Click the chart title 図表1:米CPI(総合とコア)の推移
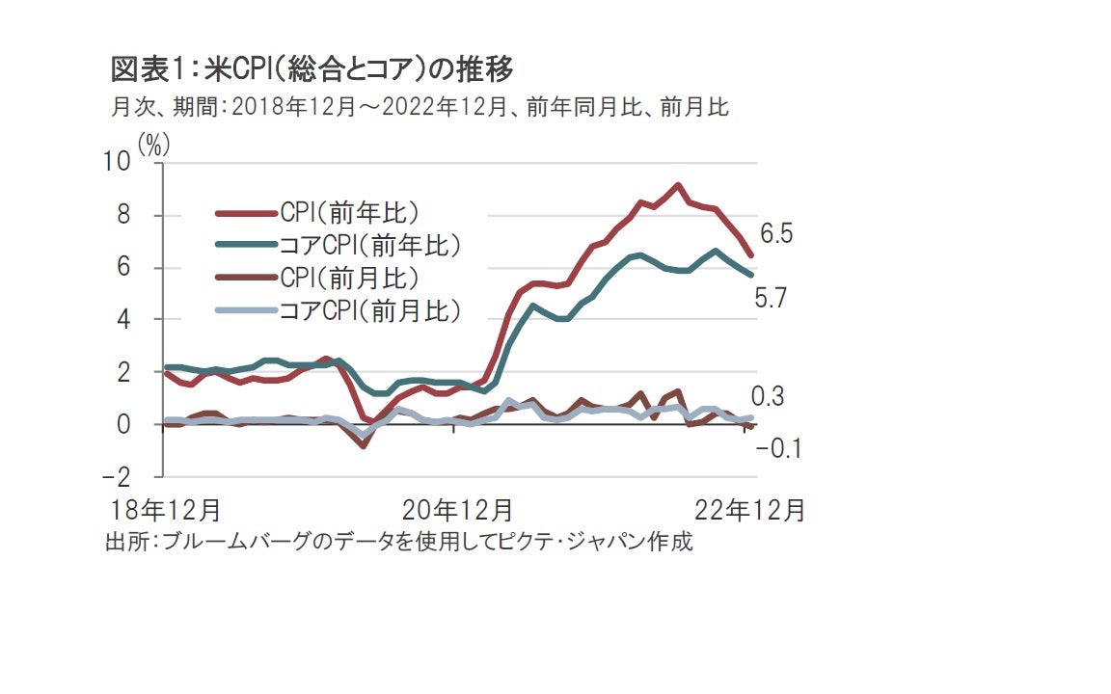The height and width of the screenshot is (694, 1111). point(312,70)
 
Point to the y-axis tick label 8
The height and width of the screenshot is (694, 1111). point(123,216)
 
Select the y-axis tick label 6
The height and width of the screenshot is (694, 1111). point(123,268)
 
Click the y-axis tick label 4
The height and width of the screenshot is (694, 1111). point(123,320)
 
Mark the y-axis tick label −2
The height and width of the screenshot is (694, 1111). point(117,477)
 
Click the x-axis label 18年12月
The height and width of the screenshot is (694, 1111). point(163,509)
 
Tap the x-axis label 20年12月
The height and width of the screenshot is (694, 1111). point(457,509)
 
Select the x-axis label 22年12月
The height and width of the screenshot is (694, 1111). point(749,509)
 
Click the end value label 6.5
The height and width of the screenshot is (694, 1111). point(776,233)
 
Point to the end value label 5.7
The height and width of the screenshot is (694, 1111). point(772,299)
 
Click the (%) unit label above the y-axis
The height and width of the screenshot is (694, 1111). point(153,146)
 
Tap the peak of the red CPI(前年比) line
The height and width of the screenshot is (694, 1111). point(678,185)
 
